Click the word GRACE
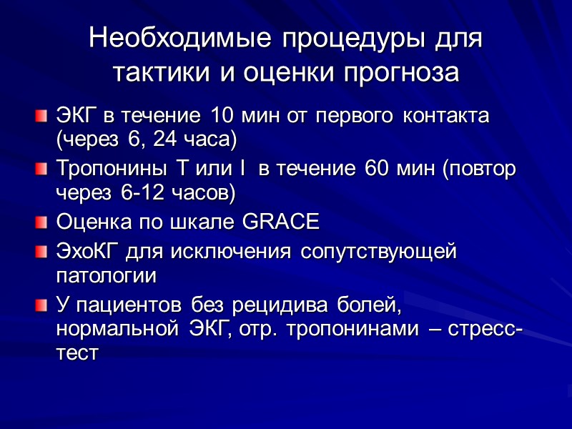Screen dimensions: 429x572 281,222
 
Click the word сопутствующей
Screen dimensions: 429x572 378,251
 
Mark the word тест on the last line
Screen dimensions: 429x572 76,353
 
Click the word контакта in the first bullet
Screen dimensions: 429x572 445,115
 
